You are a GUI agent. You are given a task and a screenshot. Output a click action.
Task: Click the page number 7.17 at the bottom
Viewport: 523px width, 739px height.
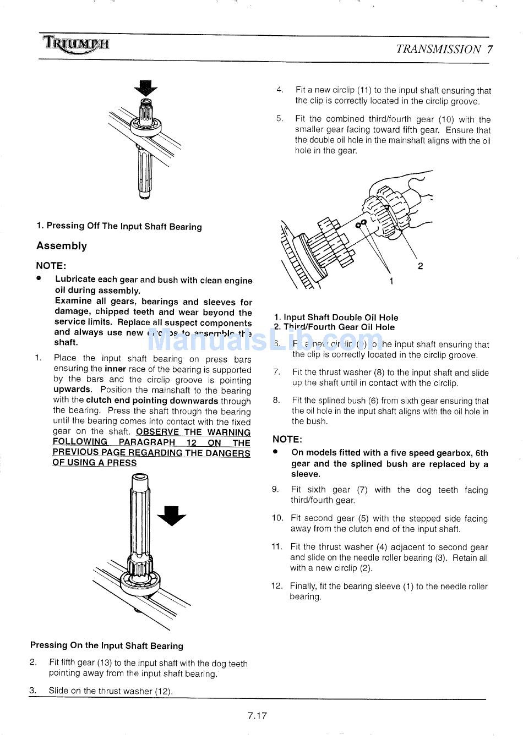(x=257, y=716)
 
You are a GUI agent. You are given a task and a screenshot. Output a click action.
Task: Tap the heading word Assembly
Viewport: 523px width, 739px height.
(x=62, y=246)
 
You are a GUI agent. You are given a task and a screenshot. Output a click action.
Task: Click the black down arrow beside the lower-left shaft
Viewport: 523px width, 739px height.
(x=172, y=515)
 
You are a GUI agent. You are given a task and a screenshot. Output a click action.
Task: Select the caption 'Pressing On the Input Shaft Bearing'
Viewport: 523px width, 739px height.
(x=107, y=645)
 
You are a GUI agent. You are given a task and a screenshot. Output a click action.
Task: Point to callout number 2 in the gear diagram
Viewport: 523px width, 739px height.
(x=421, y=266)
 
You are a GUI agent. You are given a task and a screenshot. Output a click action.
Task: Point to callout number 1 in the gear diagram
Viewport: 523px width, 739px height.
(x=391, y=281)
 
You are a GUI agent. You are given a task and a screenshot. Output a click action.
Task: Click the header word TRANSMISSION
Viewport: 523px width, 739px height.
(x=438, y=49)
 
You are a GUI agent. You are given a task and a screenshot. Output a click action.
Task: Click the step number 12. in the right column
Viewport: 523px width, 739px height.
(x=276, y=586)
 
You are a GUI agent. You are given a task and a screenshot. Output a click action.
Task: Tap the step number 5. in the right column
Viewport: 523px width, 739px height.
(x=280, y=119)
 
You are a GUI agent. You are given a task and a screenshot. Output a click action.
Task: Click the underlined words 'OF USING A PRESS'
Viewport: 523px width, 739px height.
(x=95, y=463)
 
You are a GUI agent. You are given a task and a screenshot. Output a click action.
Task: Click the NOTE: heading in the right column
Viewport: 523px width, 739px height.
(x=287, y=439)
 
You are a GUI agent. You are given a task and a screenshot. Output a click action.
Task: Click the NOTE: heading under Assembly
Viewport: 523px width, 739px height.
(x=51, y=265)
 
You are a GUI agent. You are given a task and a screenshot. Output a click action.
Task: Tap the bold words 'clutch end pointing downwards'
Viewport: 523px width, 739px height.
(x=152, y=401)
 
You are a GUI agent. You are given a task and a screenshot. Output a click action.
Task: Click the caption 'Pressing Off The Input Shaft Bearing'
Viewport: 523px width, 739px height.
(x=119, y=226)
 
